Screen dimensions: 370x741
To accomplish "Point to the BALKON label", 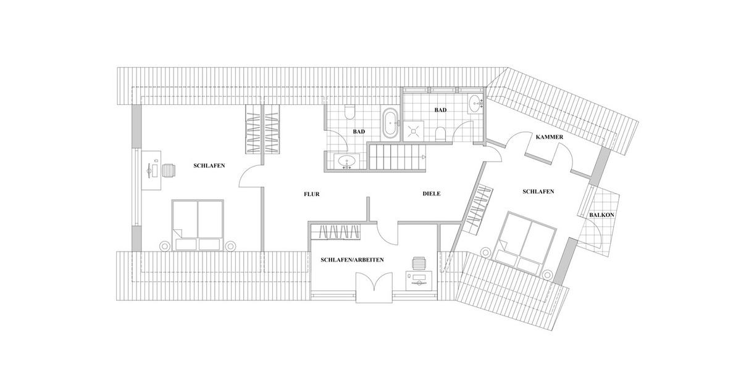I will pyautogui.click(x=601, y=215).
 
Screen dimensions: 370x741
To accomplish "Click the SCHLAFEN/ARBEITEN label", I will pyautogui.click(x=353, y=260).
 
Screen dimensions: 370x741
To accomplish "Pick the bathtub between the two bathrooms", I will pyautogui.click(x=390, y=124).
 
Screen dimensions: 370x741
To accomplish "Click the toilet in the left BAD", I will pyautogui.click(x=350, y=113).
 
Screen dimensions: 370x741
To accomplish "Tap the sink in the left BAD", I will pyautogui.click(x=346, y=162).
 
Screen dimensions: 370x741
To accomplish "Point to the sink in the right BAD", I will pyautogui.click(x=475, y=103).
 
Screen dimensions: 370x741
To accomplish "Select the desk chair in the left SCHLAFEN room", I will pyautogui.click(x=169, y=169).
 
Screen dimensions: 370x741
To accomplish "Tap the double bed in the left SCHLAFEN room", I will pyautogui.click(x=197, y=225).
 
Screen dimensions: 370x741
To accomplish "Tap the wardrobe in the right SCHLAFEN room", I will pyautogui.click(x=479, y=207).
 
